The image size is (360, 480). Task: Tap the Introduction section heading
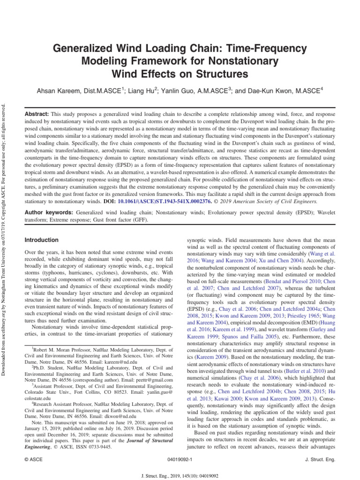[x=41, y=240]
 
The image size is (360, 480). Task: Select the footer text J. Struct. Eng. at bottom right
[x=320, y=460]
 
